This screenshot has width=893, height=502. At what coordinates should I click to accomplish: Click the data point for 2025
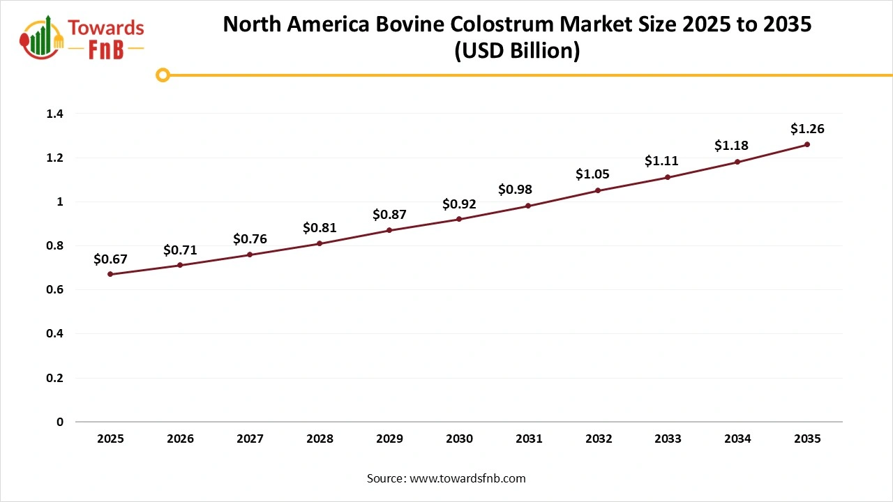click(x=110, y=274)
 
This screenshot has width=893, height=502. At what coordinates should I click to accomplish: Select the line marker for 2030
click(x=459, y=219)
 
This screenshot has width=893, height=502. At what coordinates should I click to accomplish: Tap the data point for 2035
click(x=807, y=144)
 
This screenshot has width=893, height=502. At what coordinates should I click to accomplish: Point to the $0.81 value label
click(x=320, y=227)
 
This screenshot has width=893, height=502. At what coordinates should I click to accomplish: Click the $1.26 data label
click(x=807, y=129)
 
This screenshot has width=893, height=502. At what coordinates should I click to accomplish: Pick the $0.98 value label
click(x=515, y=190)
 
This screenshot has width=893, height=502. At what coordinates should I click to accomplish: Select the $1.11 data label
click(x=661, y=161)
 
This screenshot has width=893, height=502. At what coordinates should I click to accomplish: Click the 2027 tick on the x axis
click(x=250, y=439)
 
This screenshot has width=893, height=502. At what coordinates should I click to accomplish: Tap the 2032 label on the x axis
click(x=599, y=439)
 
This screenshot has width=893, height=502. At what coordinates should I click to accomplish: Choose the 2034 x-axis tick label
click(x=737, y=439)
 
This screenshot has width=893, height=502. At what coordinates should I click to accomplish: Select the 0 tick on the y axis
click(x=60, y=422)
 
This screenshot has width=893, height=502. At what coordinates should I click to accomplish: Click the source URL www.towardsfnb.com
click(x=467, y=478)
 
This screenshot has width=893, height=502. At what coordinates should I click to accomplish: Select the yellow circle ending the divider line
click(x=163, y=75)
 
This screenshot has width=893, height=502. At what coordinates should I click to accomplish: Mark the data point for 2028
click(x=320, y=243)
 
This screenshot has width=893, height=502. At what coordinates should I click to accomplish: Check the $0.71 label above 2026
click(x=180, y=250)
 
